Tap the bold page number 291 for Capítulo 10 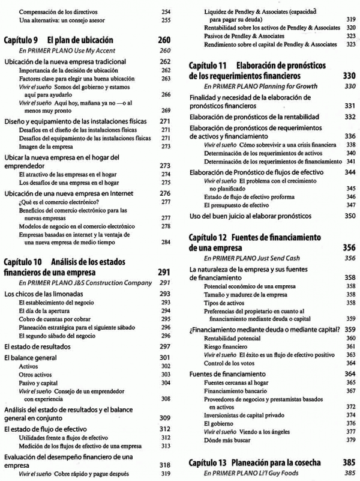click(x=164, y=272)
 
